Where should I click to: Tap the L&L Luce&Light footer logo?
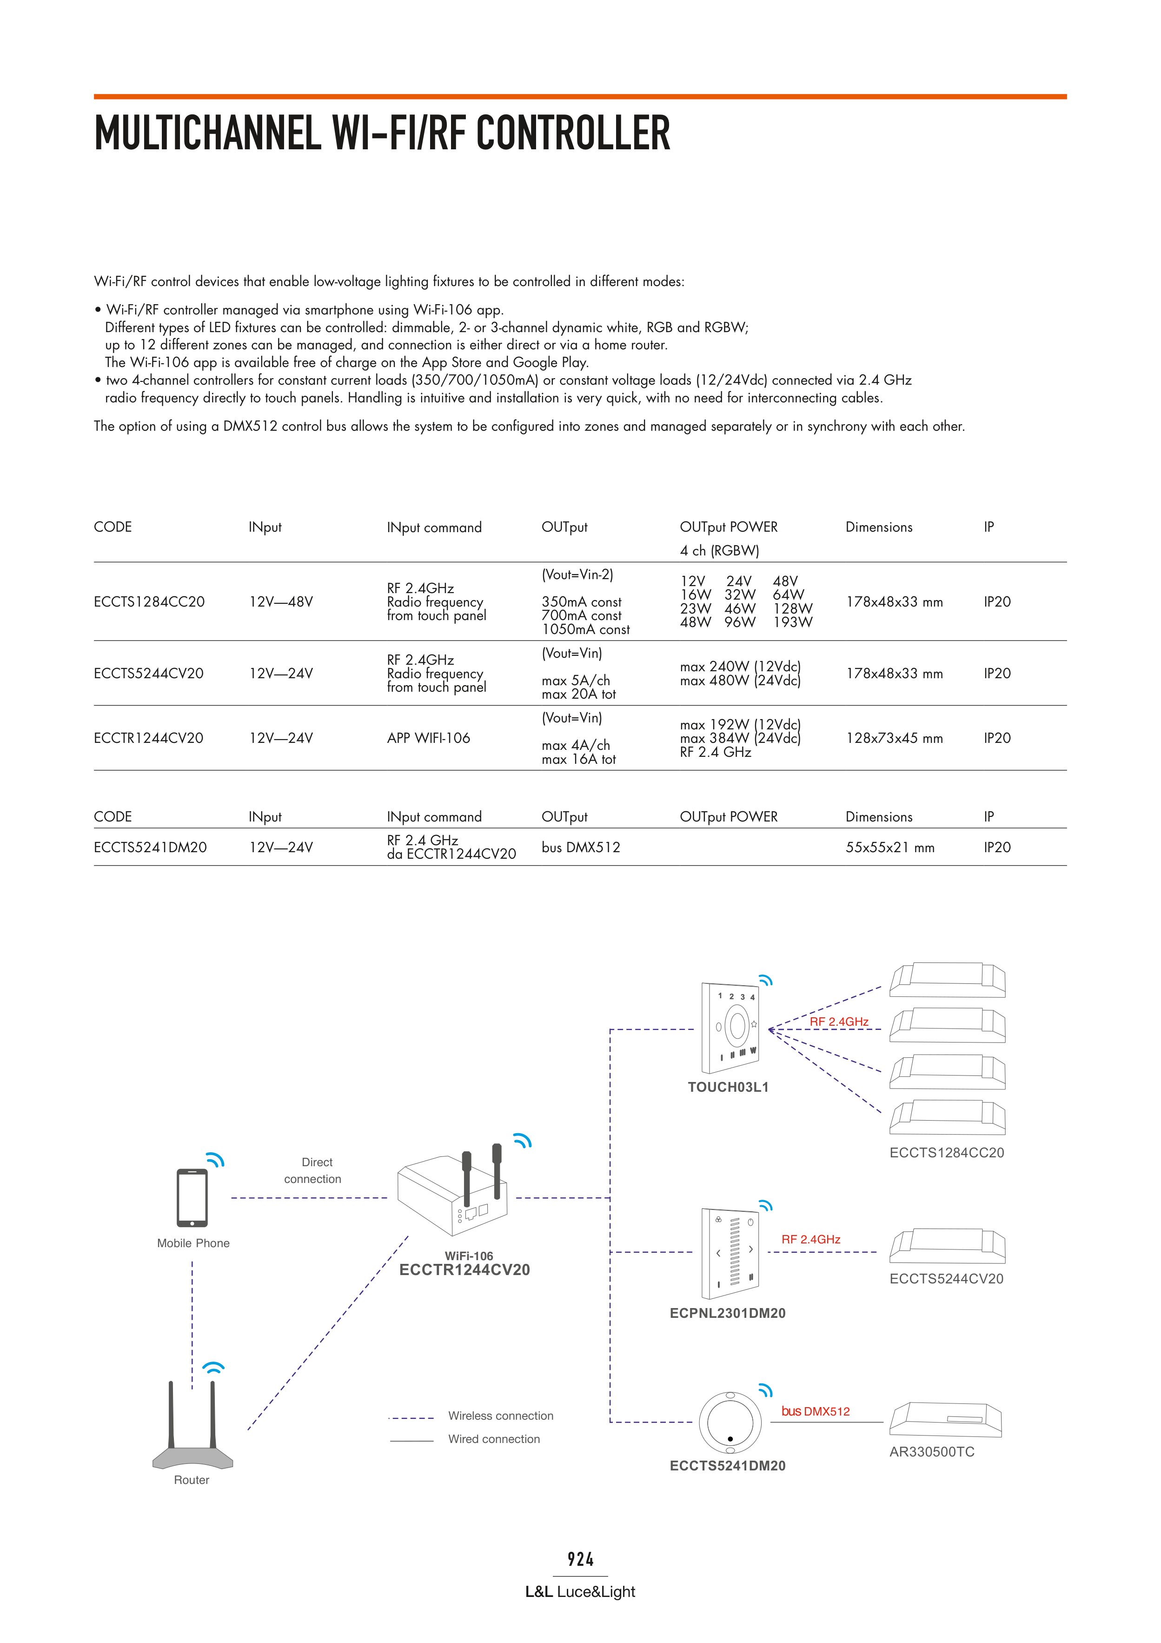coord(580,1591)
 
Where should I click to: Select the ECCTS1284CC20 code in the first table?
coord(149,602)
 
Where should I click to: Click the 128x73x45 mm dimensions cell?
coord(894,738)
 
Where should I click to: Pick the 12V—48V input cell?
coord(280,602)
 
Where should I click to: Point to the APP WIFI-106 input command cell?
coord(429,738)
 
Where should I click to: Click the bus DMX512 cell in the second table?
coord(581,847)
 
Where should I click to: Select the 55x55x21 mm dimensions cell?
coord(890,847)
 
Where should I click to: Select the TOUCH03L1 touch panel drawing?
coord(730,1028)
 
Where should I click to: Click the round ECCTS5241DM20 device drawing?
coord(730,1423)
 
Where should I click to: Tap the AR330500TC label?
coord(931,1452)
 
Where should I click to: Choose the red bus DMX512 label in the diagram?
coord(816,1411)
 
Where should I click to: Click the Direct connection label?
coord(313,1171)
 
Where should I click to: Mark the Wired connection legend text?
coord(494,1439)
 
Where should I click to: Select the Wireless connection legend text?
coord(501,1416)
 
